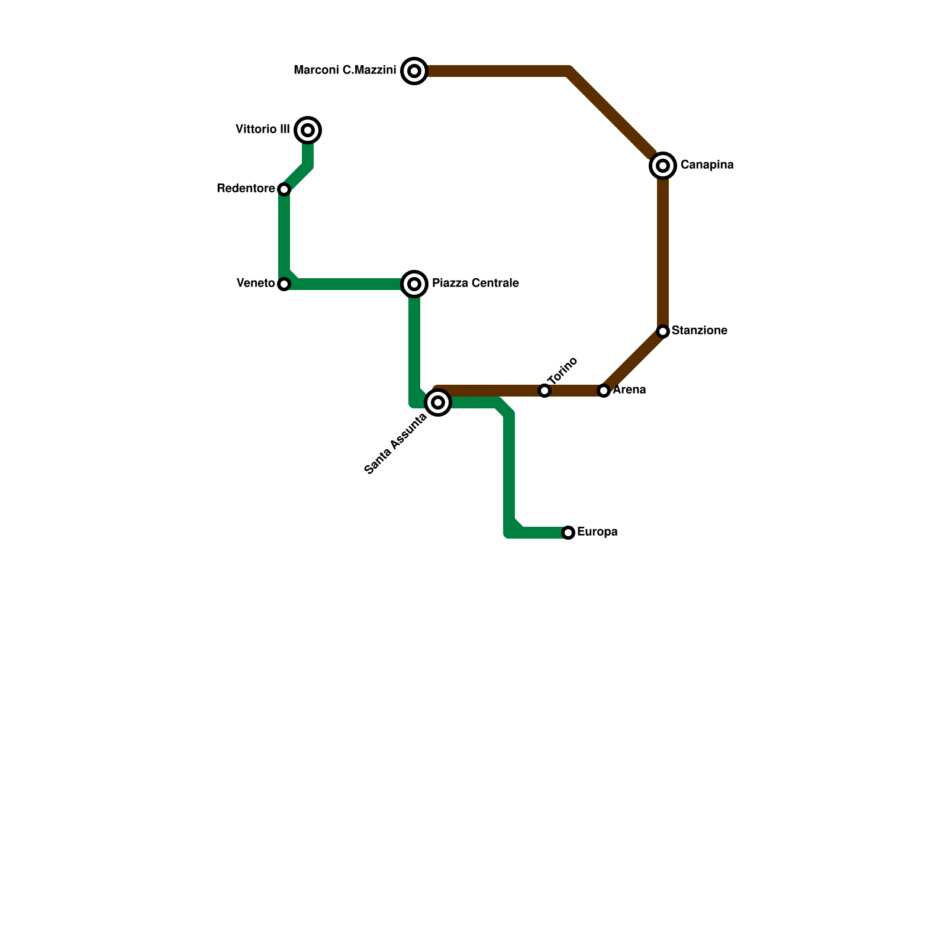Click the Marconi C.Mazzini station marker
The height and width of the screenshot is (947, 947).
[x=414, y=72]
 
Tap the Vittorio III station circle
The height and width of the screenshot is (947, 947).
[x=308, y=130]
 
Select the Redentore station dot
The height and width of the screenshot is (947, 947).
[x=284, y=189]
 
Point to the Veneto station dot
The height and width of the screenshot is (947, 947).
[x=284, y=284]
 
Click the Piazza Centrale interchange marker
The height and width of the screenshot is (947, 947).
[x=414, y=284]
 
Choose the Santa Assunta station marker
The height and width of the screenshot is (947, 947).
[x=438, y=402]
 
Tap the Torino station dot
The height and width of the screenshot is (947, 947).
[x=545, y=391]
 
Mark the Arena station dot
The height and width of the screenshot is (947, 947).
[x=604, y=391]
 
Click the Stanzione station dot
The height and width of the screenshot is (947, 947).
[x=663, y=331]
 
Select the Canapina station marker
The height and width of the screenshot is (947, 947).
[x=663, y=166]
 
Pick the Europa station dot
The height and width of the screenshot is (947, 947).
[x=568, y=533]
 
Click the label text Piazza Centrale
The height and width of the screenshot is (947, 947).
[x=475, y=284]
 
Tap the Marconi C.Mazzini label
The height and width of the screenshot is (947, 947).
[x=345, y=70]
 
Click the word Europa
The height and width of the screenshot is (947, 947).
[x=597, y=532]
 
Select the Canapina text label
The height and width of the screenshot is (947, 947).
[x=707, y=165]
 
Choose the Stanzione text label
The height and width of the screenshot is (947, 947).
[x=700, y=331]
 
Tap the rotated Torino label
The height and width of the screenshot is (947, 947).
[x=562, y=371]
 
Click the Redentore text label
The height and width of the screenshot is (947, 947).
[x=246, y=189]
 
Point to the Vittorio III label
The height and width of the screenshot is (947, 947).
[x=263, y=130]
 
